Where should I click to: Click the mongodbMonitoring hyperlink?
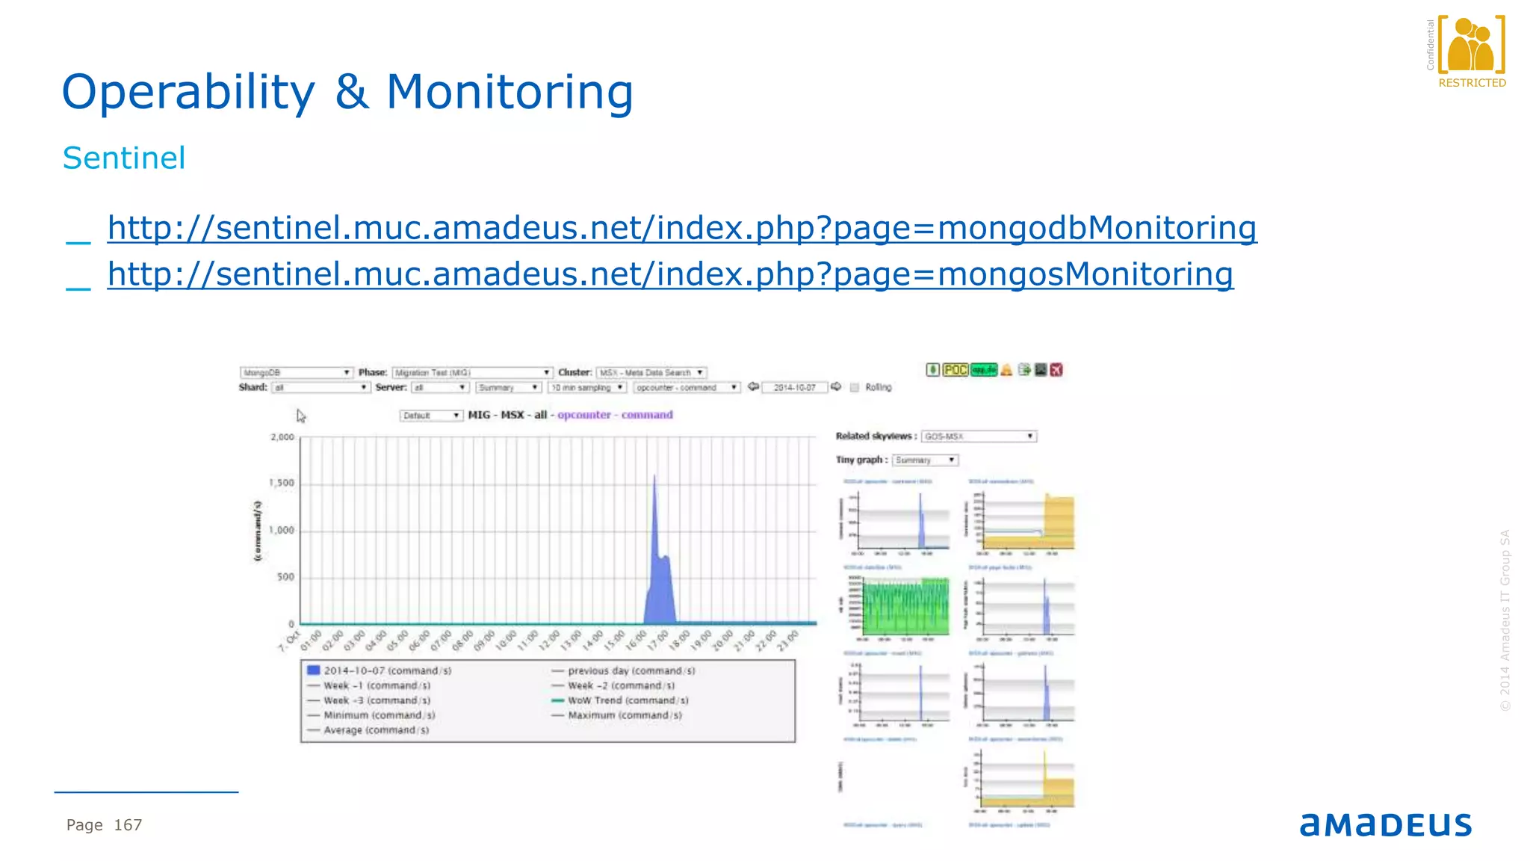pos(681,228)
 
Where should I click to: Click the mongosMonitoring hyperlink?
pos(670,274)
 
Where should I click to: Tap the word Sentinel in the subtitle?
pos(124,158)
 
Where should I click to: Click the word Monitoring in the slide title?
pos(510,93)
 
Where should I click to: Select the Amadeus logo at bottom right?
pos(1385,824)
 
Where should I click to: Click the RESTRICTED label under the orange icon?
pos(1472,83)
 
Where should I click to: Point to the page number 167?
pos(128,825)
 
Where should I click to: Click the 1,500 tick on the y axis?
pos(282,484)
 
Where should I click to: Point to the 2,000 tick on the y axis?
pos(282,437)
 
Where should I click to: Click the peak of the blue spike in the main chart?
pos(654,477)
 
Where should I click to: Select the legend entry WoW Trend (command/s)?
pos(628,700)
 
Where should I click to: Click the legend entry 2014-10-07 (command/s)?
pos(387,670)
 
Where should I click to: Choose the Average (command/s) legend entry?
pos(376,730)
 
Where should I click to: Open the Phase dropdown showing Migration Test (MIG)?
pos(472,372)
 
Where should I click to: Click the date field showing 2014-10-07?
pos(794,387)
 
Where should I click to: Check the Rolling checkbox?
pos(855,387)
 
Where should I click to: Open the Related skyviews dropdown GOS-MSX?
pos(979,436)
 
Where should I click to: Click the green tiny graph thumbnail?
pos(905,605)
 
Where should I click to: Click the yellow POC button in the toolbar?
pos(955,370)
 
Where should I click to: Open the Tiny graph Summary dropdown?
pos(925,460)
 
